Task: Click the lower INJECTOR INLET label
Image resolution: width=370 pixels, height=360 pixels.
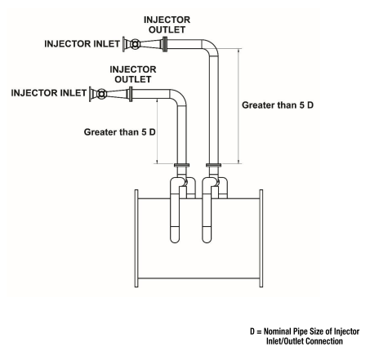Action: pos(44,93)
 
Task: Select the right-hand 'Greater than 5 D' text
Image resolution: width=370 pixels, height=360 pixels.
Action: pos(279,105)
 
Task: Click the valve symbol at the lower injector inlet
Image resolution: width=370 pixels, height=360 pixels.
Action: pos(101,93)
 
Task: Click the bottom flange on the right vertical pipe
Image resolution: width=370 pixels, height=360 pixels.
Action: pos(214,168)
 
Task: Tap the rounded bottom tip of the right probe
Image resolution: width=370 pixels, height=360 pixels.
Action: pos(209,242)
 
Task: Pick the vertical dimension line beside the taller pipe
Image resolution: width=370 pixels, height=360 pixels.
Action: pos(238,105)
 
